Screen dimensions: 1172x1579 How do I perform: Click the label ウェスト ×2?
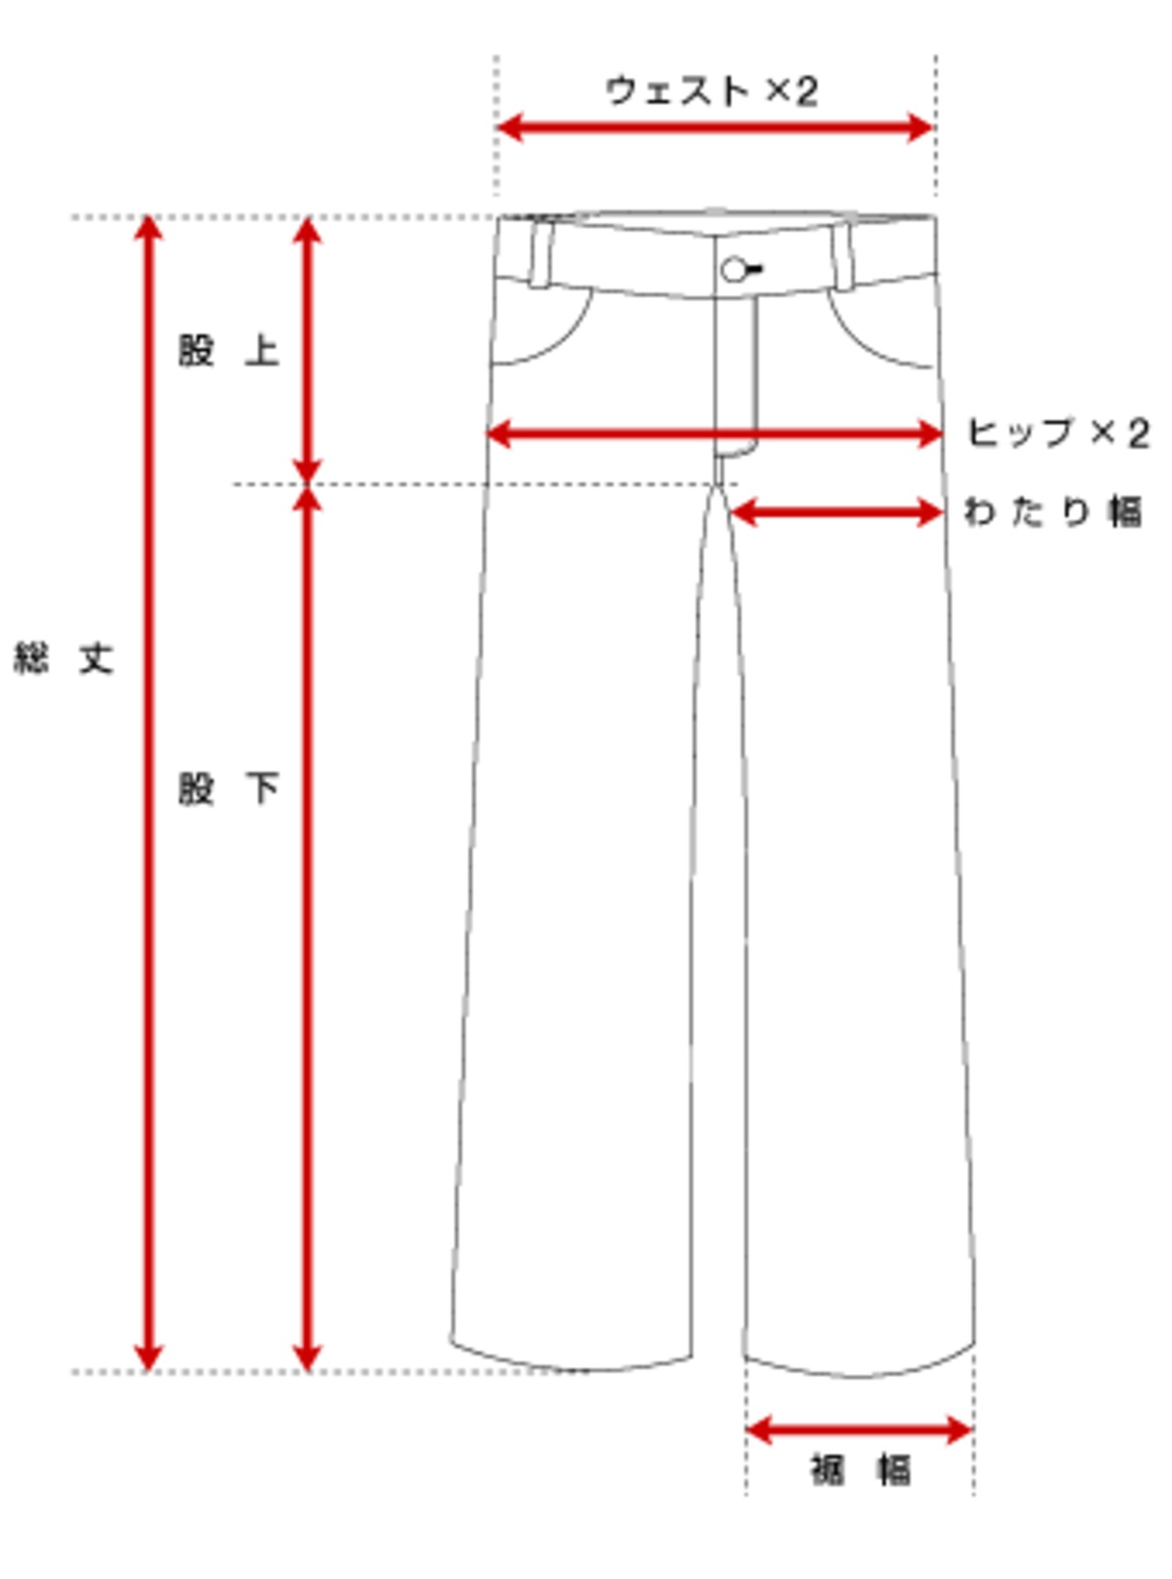coord(711,91)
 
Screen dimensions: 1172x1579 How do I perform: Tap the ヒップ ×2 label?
coord(1058,433)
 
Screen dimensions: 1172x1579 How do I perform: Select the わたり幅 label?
coord(1053,511)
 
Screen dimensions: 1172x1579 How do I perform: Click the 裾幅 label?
coord(861,1470)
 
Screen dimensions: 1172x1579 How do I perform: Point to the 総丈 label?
coord(63,658)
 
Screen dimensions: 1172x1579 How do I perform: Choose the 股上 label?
coord(228,350)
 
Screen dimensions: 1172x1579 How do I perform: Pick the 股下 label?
coord(228,788)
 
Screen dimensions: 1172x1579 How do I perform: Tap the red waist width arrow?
coord(714,127)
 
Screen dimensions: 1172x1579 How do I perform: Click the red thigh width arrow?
coord(837,512)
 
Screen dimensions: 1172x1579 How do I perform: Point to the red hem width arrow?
coord(859,1429)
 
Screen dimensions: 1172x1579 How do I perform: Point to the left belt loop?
coord(541,253)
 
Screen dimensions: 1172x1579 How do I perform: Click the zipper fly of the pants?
coord(736,366)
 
